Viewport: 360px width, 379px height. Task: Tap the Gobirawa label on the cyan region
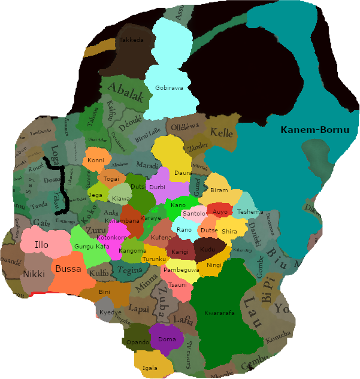[169, 88]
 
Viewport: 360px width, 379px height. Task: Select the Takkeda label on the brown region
[132, 40]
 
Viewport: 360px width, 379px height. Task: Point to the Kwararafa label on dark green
[221, 313]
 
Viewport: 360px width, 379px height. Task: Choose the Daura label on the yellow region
[183, 172]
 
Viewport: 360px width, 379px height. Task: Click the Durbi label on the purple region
[157, 187]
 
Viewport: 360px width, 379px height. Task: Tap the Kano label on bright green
[179, 205]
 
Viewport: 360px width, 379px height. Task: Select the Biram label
[220, 190]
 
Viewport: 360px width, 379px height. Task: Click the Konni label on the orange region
[96, 160]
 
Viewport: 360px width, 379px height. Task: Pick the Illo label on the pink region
[41, 245]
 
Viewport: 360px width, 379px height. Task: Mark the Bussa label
[68, 269]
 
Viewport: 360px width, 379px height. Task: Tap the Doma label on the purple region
[167, 339]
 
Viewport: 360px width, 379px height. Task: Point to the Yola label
[286, 309]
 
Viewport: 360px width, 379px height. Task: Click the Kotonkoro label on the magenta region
[111, 237]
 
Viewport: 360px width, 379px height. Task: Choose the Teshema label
[250, 212]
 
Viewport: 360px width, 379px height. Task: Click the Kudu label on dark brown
[208, 248]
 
